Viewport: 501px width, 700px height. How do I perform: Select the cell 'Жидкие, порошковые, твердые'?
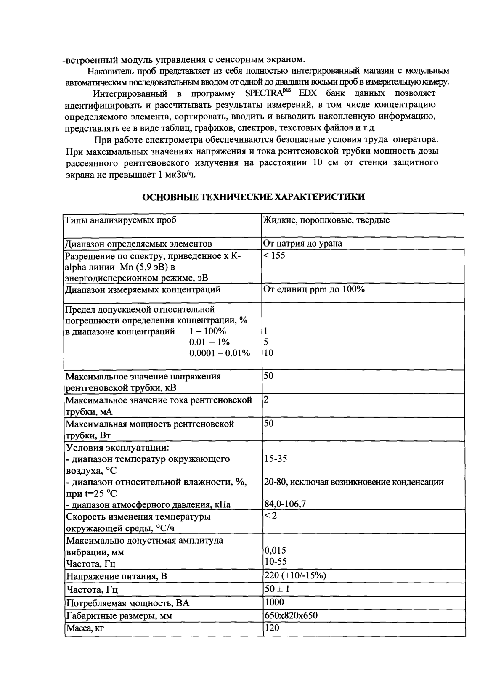(326, 220)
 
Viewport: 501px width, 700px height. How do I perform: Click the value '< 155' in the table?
(274, 255)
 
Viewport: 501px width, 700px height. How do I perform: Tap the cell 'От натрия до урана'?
(302, 244)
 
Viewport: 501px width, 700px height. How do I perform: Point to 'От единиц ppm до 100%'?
(314, 289)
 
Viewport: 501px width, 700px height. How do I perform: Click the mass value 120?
(272, 628)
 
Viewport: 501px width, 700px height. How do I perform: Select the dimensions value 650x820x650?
(291, 615)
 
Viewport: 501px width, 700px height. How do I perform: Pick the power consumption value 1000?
(274, 602)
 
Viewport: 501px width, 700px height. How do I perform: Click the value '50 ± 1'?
(276, 589)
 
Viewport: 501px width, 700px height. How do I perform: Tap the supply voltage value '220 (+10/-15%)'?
(295, 575)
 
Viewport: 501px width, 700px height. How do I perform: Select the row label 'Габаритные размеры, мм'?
(119, 616)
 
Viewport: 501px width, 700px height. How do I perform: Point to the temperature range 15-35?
(276, 459)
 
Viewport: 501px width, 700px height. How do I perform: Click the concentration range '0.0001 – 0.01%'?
(220, 353)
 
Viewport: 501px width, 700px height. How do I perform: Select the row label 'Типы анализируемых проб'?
(120, 220)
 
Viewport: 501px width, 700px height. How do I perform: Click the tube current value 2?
(266, 399)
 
